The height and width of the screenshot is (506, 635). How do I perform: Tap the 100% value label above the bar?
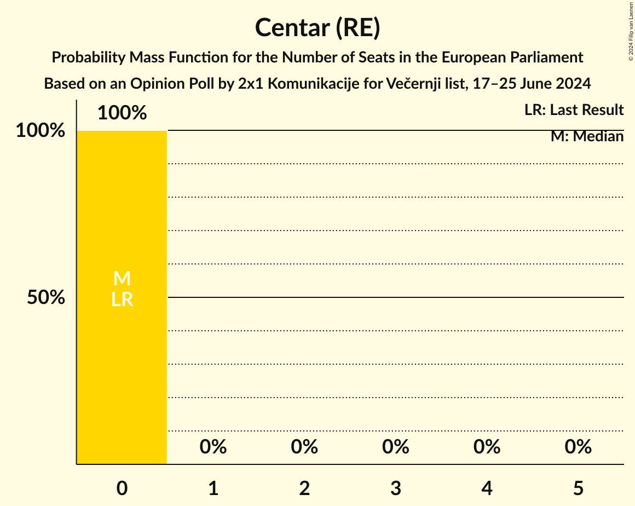(x=122, y=113)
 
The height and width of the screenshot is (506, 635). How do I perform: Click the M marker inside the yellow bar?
(x=122, y=279)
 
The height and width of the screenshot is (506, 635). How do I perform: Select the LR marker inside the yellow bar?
(x=122, y=300)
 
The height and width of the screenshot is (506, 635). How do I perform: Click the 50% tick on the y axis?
(x=47, y=298)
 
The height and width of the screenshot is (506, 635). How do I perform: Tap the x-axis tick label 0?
(x=122, y=488)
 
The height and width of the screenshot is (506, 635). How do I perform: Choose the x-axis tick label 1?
(x=213, y=488)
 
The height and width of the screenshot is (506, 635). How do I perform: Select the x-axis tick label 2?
(x=304, y=488)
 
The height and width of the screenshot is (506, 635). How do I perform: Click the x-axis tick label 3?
(x=396, y=488)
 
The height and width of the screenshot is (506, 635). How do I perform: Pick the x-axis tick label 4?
(x=487, y=488)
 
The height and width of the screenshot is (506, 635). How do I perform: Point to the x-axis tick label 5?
(x=578, y=488)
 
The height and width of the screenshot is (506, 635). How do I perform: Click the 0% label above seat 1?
(x=213, y=447)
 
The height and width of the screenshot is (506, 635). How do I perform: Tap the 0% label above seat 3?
(x=396, y=447)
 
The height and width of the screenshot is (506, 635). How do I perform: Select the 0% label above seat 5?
(x=578, y=447)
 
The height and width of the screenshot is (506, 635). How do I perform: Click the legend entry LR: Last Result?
(x=574, y=110)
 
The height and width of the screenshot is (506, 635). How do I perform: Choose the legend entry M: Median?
(x=587, y=136)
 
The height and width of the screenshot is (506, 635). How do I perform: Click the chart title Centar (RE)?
(x=317, y=28)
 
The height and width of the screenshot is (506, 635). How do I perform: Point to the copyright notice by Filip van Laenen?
(x=631, y=31)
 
